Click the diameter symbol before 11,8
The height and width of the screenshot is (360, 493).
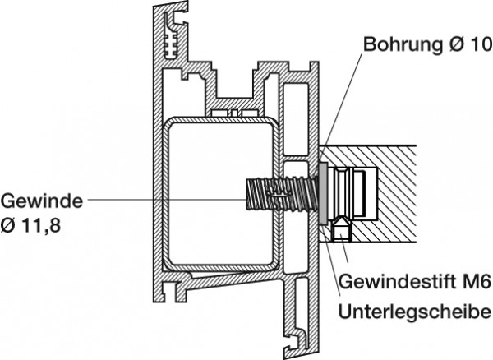click(x=9, y=222)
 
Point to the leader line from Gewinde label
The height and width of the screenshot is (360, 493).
click(x=164, y=199)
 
